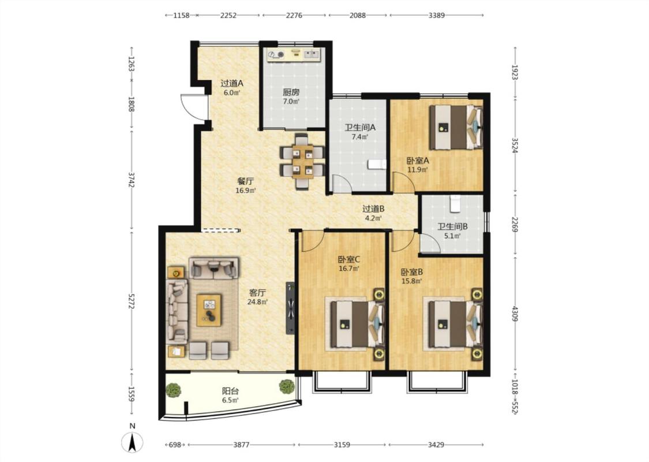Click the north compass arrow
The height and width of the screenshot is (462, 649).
(132, 442)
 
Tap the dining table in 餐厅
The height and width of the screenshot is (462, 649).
(302, 161)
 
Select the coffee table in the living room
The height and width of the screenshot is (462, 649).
(209, 310)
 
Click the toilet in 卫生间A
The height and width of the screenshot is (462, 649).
(377, 165)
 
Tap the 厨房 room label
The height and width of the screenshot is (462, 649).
(291, 92)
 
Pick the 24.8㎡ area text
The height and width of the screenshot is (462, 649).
(257, 301)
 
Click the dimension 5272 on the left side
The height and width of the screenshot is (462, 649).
(132, 301)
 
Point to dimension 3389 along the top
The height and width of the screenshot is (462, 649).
(436, 16)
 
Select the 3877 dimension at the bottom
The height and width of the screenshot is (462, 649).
(241, 445)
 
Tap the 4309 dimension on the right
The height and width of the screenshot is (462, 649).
(515, 314)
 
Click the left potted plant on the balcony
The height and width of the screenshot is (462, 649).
(174, 390)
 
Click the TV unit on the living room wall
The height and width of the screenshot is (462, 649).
(291, 308)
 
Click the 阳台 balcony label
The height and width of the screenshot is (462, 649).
(231, 391)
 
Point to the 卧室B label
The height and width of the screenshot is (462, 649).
(411, 272)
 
